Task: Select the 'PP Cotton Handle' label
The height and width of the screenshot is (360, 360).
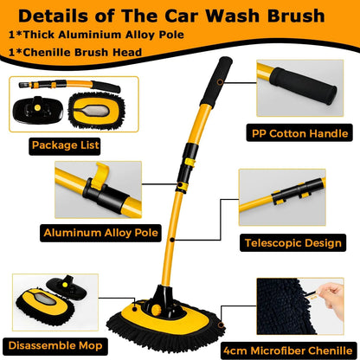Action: (x=298, y=134)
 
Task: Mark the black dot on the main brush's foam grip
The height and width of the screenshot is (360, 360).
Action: (x=222, y=85)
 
